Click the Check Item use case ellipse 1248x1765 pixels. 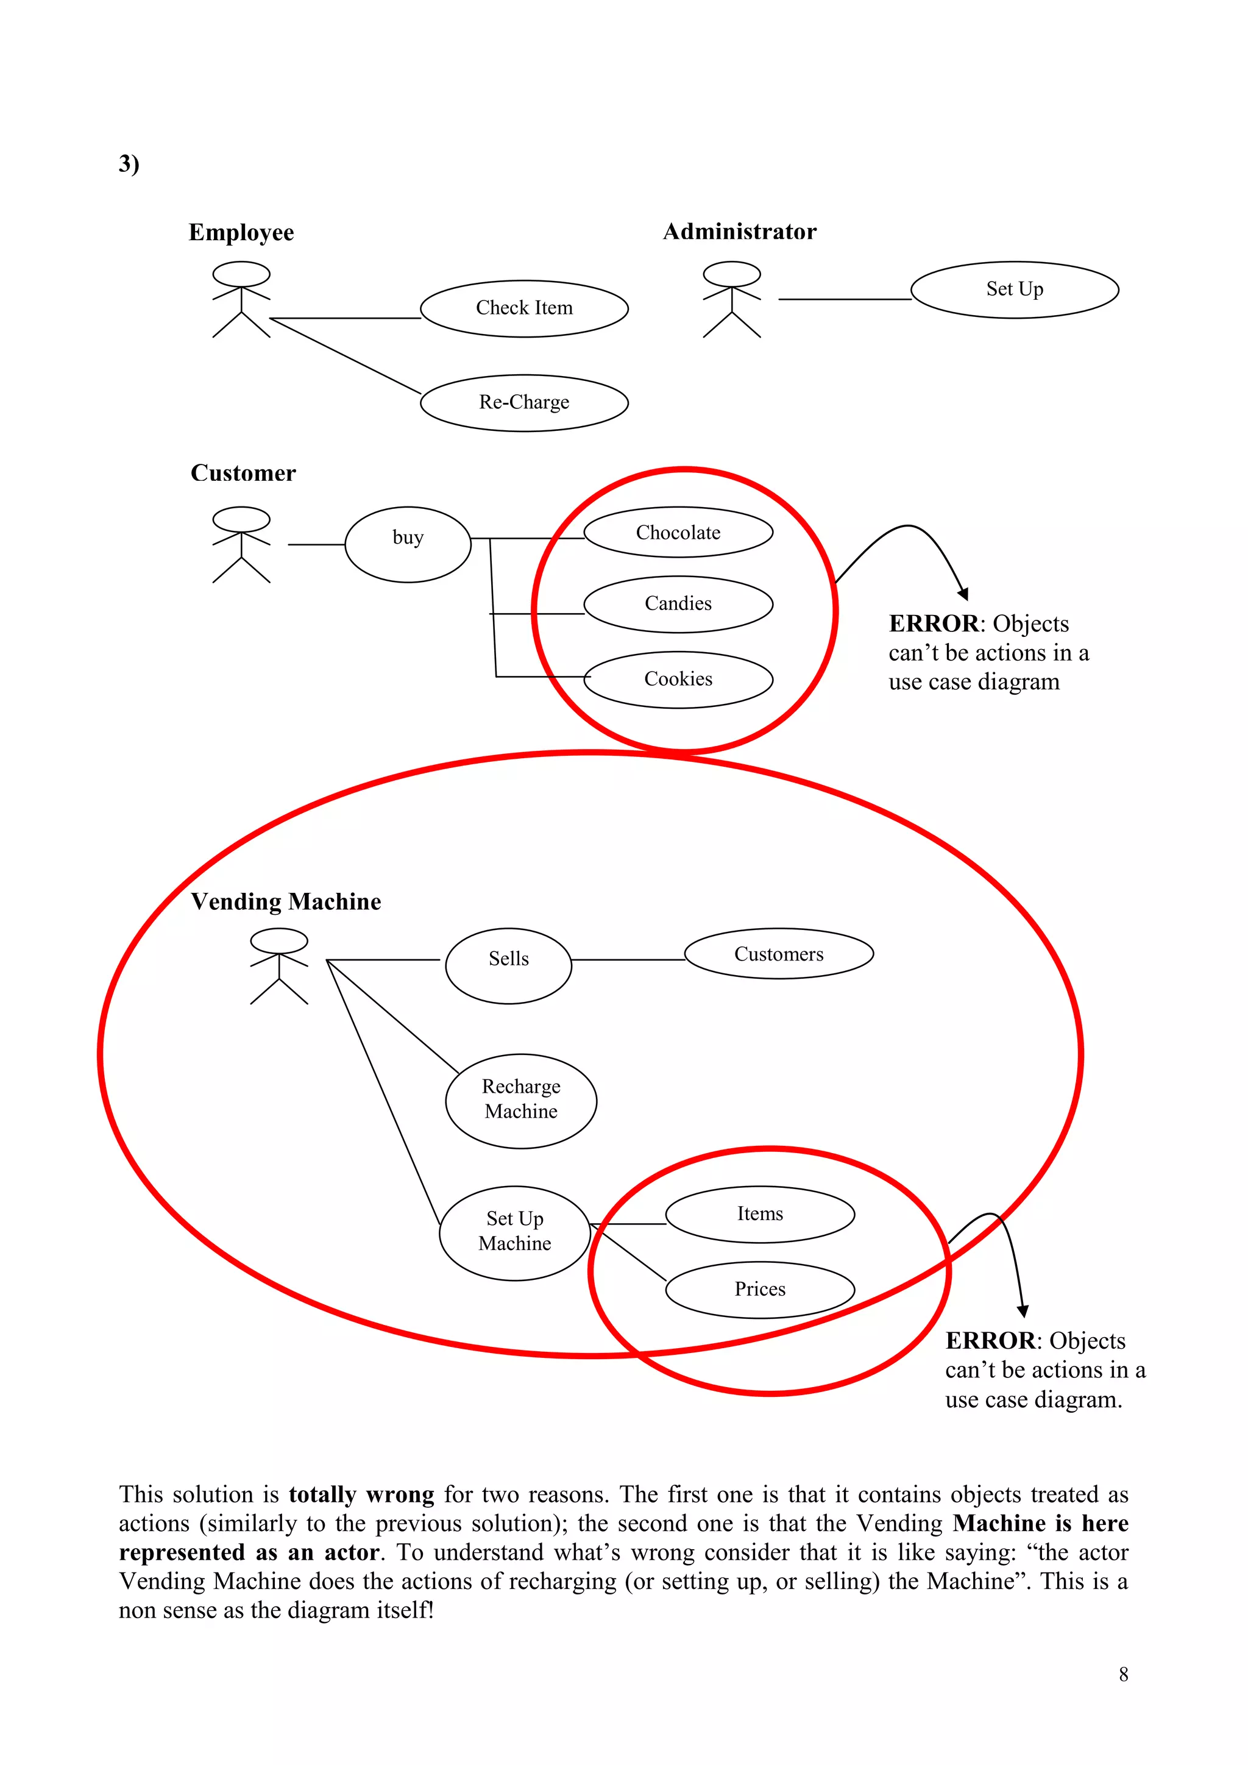(524, 308)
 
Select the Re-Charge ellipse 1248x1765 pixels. (524, 403)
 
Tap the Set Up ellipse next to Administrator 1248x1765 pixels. (1015, 290)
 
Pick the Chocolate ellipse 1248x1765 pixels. (678, 532)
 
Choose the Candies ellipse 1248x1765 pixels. (678, 604)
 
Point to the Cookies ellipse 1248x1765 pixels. (678, 680)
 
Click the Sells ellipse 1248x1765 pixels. (508, 965)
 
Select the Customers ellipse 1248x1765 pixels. (778, 953)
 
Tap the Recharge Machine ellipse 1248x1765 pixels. (521, 1101)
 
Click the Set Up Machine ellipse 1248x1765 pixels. (515, 1233)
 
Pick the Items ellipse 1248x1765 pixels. (759, 1215)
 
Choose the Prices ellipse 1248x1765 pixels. (759, 1290)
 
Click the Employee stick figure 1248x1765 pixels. (241, 300)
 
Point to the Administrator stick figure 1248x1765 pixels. (732, 300)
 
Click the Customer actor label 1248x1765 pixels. (243, 473)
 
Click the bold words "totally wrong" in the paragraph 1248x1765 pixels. (361, 1494)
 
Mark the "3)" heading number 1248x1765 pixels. (129, 164)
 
